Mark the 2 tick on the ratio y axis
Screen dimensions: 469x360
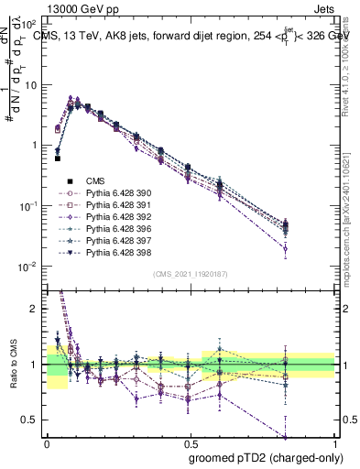click(x=38, y=310)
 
